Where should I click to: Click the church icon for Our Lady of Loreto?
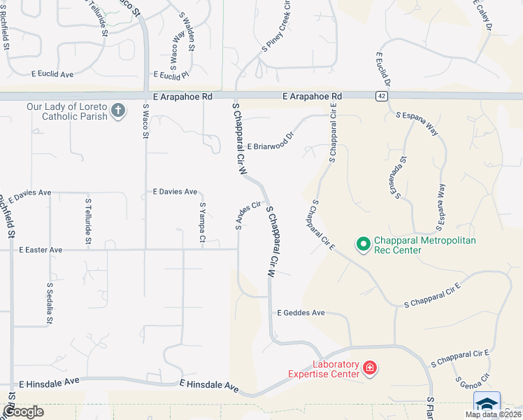tap(118, 109)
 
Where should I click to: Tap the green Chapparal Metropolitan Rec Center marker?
tap(363, 244)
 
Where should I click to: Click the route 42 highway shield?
tap(380, 97)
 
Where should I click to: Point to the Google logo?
tap(23, 412)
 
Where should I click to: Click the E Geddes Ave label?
tap(301, 313)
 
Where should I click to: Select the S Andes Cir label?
tap(248, 216)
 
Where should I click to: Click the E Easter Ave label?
tap(41, 249)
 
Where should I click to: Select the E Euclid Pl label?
tap(171, 74)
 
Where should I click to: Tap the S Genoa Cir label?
tap(467, 384)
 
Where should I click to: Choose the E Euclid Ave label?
tap(52, 73)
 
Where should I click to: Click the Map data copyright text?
tap(492, 414)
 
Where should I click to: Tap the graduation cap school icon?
tap(487, 405)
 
